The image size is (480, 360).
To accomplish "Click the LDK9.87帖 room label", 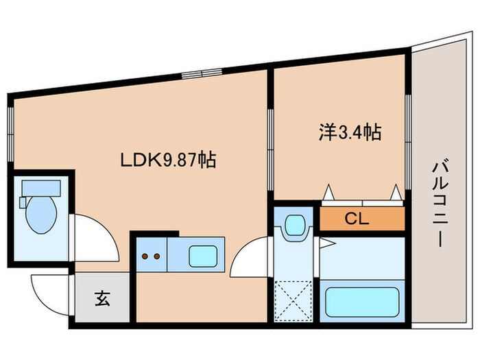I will click(x=169, y=160).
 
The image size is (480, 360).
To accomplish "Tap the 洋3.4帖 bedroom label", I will click(x=349, y=132).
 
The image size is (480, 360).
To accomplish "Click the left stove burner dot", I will click(x=145, y=257).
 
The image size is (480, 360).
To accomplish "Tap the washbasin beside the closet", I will click(x=295, y=224).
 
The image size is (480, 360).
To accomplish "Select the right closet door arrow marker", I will click(x=396, y=193).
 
